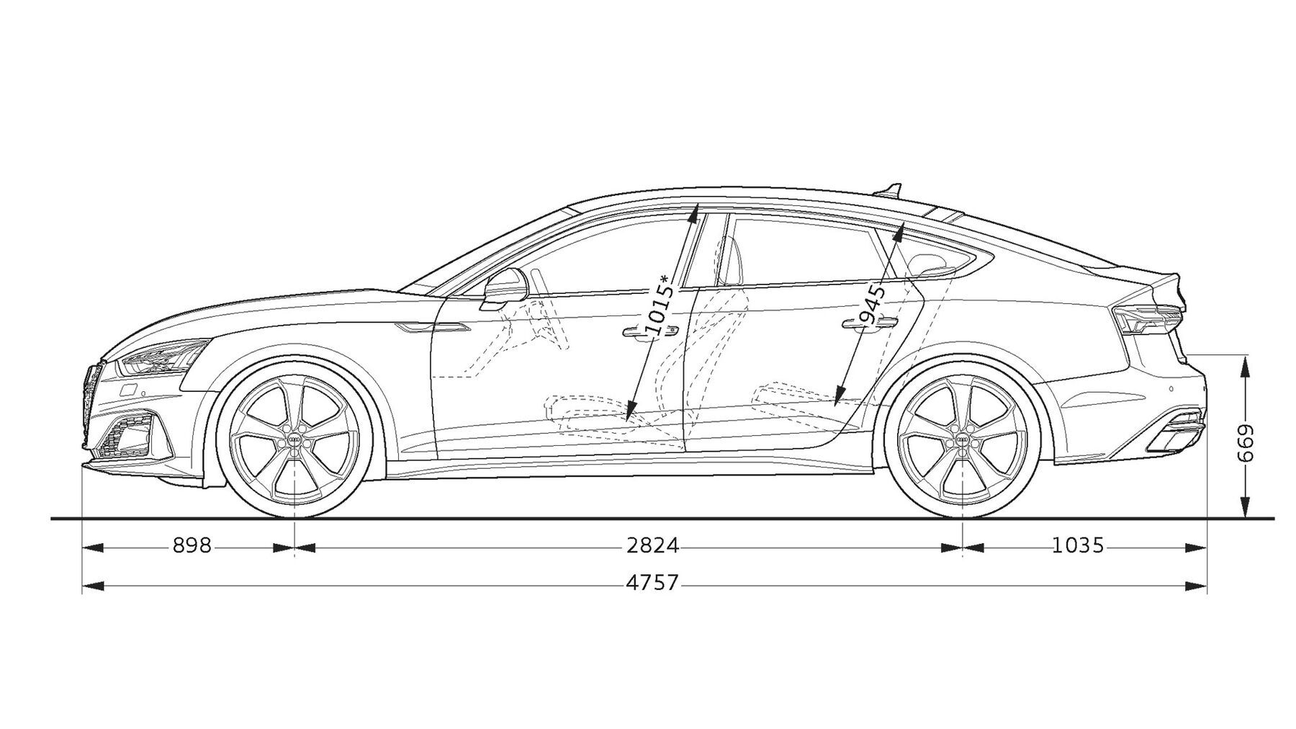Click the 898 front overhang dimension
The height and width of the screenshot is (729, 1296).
(192, 546)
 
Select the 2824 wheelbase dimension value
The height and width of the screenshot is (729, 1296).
(652, 546)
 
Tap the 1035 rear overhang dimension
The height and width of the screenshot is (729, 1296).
(1078, 546)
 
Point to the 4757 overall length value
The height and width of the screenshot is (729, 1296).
(652, 583)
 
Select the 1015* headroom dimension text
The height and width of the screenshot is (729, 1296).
(660, 306)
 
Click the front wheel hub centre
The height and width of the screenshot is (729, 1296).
(296, 440)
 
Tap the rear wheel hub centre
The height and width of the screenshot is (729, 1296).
(962, 440)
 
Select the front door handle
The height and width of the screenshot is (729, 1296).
(651, 331)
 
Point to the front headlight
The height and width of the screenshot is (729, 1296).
(163, 358)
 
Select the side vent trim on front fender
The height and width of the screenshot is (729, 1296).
(432, 328)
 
